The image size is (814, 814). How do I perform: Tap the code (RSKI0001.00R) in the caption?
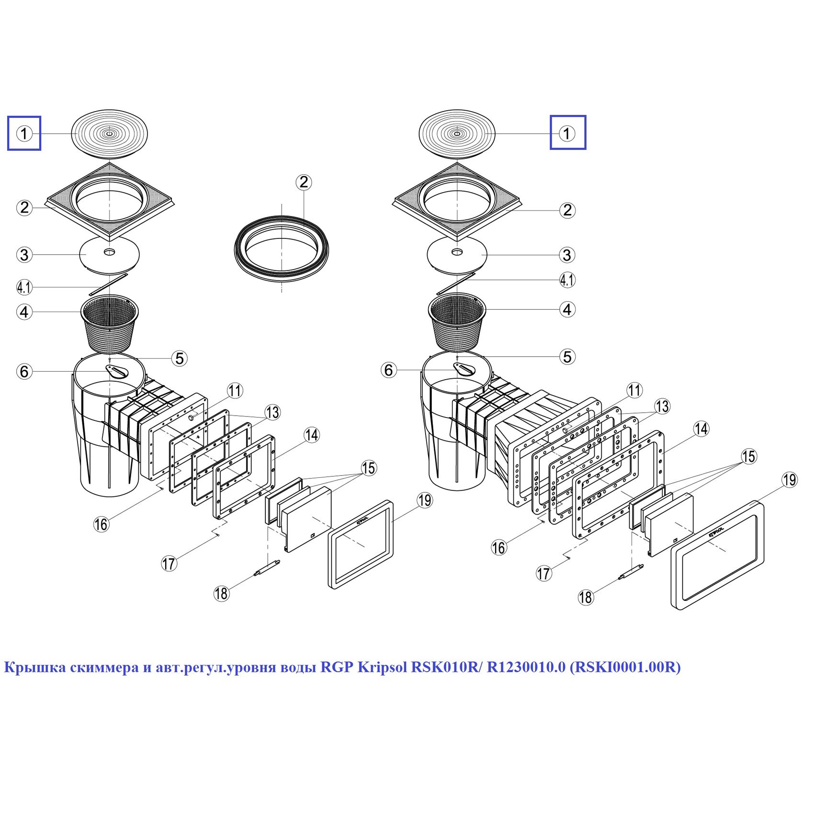625,667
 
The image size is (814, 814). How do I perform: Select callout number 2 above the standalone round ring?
304,182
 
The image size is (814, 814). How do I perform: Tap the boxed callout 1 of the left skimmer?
24,133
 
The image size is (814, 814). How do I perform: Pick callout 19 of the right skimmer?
789,480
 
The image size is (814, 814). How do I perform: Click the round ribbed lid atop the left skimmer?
109,134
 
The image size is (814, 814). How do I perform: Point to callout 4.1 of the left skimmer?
24,287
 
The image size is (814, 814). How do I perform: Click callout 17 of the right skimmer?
543,573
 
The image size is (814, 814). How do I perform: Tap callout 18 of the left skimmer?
221,594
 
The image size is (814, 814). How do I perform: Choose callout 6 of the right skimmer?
388,370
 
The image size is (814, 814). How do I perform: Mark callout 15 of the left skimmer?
368,468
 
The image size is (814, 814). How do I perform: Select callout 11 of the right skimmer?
634,391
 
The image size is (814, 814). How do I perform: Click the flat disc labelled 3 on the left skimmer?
110,254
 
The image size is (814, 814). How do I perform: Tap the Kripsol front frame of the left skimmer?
361,545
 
